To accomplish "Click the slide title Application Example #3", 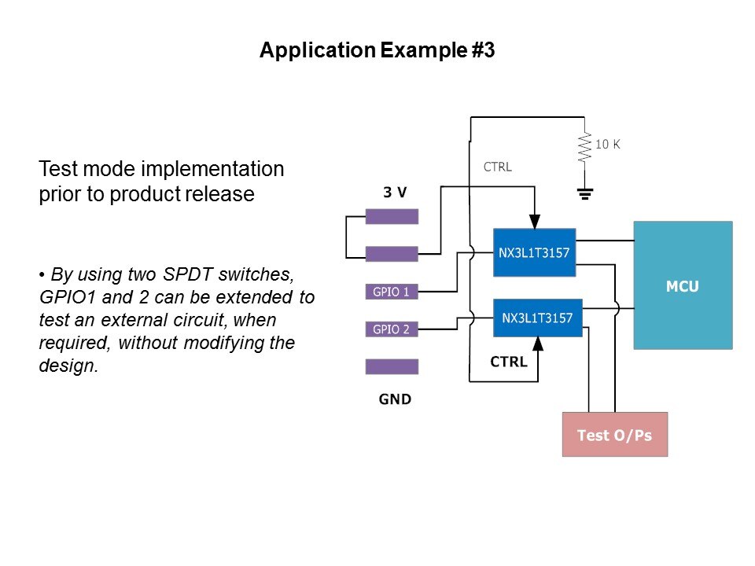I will pyautogui.click(x=377, y=51).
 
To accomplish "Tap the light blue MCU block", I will pyautogui.click(x=683, y=285).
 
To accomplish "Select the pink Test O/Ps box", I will pyautogui.click(x=614, y=434).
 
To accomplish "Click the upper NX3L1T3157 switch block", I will pyautogui.click(x=534, y=252).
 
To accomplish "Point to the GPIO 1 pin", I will pyautogui.click(x=391, y=292).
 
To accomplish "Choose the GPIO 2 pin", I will pyautogui.click(x=391, y=329).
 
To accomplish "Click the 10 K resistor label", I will pyautogui.click(x=608, y=145).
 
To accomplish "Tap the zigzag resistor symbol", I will pyautogui.click(x=584, y=147).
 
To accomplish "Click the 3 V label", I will pyautogui.click(x=395, y=193).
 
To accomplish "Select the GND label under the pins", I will pyautogui.click(x=395, y=399).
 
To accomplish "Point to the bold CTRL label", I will pyautogui.click(x=508, y=362).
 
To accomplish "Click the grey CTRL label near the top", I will pyautogui.click(x=497, y=167).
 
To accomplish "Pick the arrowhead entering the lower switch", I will pyautogui.click(x=539, y=344).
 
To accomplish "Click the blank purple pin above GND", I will pyautogui.click(x=392, y=366).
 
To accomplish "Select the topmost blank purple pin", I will pyautogui.click(x=392, y=216).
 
